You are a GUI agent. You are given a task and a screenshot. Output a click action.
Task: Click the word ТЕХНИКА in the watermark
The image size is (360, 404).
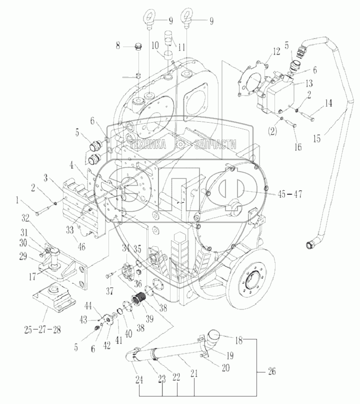pyautogui.click(x=148, y=145)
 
